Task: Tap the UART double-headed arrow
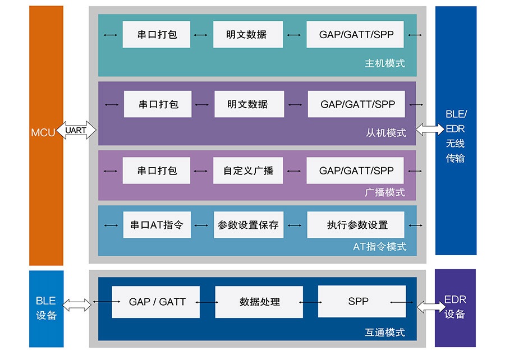76,131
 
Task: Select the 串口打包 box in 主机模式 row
157,35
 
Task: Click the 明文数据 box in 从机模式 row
247,104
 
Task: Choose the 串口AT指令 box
157,225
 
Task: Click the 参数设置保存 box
248,225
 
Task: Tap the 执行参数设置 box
357,225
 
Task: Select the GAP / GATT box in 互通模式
157,302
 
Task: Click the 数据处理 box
259,302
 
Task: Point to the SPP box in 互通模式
358,302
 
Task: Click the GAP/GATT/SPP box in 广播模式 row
356,170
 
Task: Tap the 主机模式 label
384,63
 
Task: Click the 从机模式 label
385,133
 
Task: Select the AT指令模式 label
379,247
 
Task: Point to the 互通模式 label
384,333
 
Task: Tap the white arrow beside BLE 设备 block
77,304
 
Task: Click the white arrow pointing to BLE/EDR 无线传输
429,130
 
